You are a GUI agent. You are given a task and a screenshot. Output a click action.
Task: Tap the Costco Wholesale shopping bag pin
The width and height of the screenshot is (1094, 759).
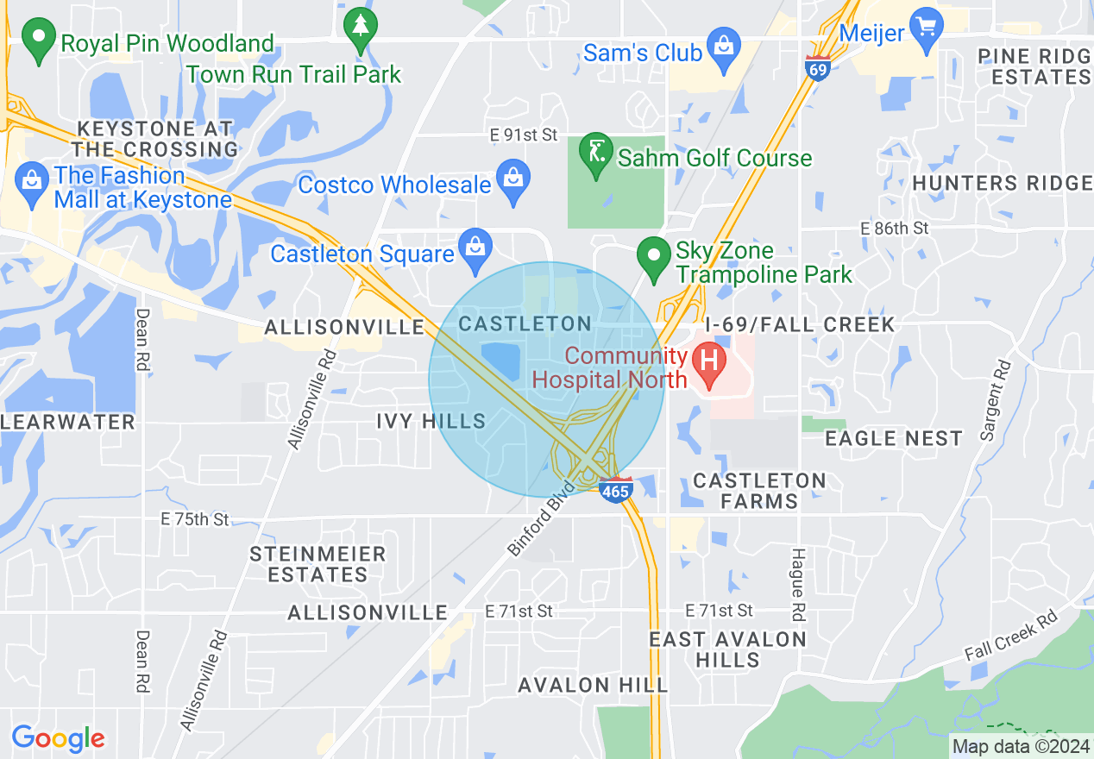tap(514, 179)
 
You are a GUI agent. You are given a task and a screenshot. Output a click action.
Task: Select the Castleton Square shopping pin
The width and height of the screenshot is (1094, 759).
tap(475, 247)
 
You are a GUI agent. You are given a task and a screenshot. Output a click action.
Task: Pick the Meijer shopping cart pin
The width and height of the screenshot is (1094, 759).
tap(927, 28)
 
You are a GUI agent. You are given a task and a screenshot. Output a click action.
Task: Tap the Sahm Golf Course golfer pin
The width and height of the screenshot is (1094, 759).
tap(594, 154)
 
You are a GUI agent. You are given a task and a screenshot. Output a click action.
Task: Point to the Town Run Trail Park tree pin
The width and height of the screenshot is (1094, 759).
tap(360, 28)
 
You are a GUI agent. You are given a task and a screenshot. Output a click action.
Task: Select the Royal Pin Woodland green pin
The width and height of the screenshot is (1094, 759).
tap(37, 40)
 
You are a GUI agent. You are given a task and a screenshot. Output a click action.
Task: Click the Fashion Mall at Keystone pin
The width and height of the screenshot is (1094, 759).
tap(32, 183)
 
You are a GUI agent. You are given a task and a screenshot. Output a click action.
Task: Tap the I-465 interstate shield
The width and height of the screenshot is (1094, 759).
tap(616, 489)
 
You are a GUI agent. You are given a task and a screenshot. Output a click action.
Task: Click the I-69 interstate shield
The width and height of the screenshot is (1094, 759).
tap(818, 68)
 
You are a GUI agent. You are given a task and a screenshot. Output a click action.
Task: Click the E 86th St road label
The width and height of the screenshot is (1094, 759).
tap(895, 228)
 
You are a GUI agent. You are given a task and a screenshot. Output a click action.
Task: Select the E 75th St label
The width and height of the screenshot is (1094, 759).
tap(196, 519)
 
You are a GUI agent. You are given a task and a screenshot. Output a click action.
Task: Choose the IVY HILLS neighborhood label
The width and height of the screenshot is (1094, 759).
tap(431, 421)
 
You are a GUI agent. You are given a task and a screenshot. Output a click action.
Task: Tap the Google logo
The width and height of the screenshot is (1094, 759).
tap(58, 738)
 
